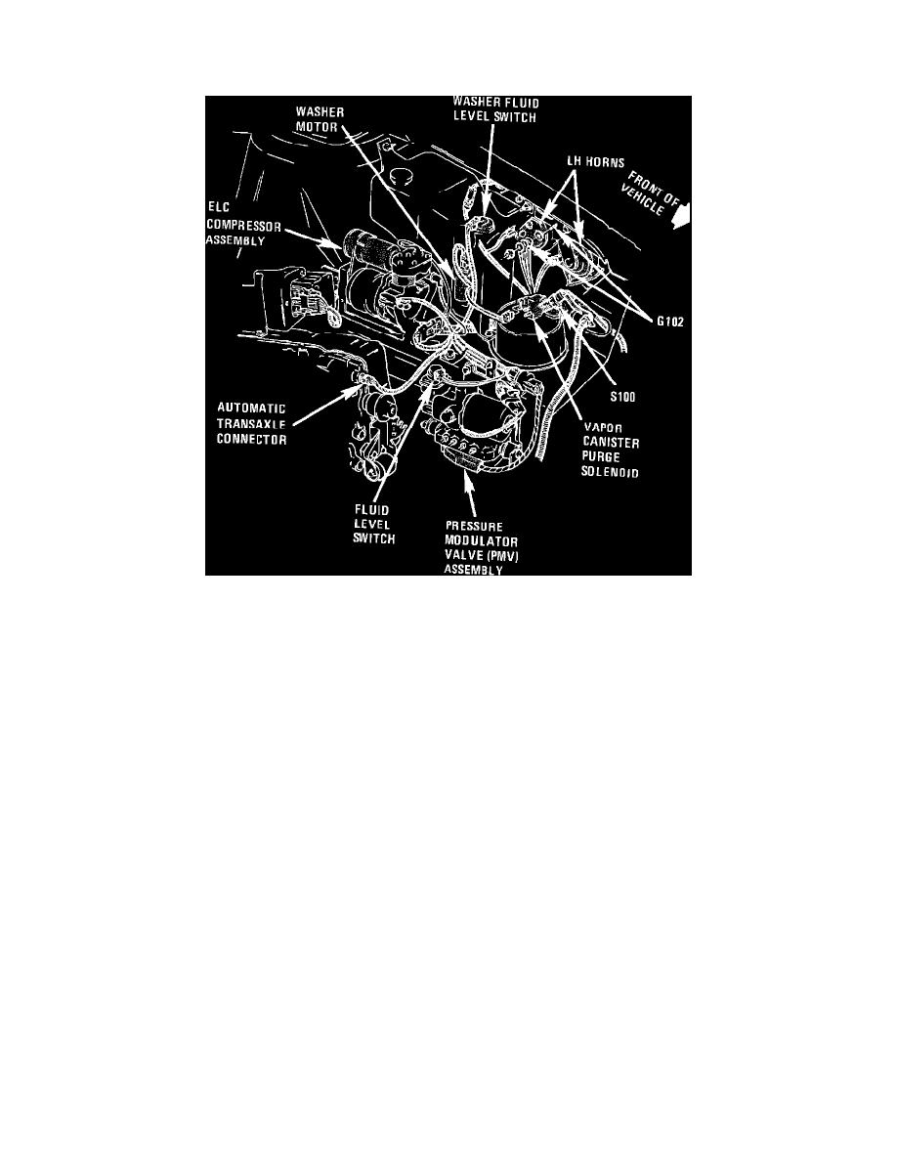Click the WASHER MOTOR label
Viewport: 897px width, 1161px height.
coord(320,118)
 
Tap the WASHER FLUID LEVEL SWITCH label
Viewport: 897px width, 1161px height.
coord(495,109)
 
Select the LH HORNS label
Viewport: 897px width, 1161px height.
coord(596,162)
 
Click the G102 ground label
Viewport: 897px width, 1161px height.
coord(670,322)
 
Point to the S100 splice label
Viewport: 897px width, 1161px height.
coord(622,397)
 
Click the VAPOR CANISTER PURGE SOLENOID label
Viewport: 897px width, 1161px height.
coord(611,451)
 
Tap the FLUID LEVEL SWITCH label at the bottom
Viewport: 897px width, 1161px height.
coord(373,524)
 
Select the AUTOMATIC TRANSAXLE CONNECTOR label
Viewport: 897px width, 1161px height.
coord(252,423)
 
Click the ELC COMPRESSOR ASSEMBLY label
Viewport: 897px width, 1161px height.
coord(243,226)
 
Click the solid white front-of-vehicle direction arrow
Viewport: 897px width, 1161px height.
coord(682,216)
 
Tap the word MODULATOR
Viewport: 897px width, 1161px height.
coord(481,541)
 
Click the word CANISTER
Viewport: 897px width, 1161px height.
coord(611,443)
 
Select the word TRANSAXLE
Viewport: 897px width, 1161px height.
coord(252,423)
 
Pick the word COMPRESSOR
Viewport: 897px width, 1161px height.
coord(243,226)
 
